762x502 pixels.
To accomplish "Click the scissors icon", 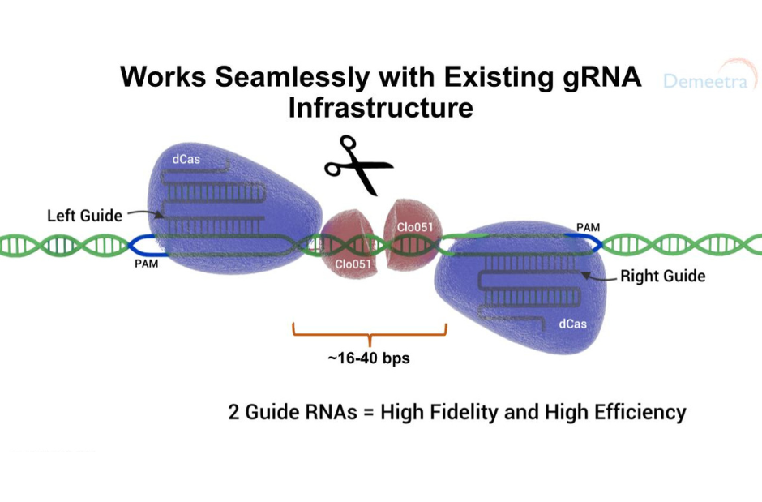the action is [x=358, y=165].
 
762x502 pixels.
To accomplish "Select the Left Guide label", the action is [x=84, y=215].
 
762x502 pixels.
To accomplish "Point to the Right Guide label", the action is [x=663, y=276].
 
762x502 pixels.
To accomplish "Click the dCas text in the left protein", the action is [x=186, y=159].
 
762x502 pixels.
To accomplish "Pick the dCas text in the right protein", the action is [x=572, y=324].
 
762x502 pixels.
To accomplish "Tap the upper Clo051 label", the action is [x=414, y=227].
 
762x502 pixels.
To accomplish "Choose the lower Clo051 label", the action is [x=353, y=264].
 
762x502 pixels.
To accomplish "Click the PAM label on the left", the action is [x=146, y=264].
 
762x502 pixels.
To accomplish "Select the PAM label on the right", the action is [x=588, y=227].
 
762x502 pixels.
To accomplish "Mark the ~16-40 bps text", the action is [x=369, y=358].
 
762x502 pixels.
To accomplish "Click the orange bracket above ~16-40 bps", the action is [x=370, y=335].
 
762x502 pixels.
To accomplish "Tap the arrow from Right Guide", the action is [x=599, y=277].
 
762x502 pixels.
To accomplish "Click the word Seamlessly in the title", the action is [x=292, y=77].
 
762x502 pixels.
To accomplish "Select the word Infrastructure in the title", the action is [x=380, y=107].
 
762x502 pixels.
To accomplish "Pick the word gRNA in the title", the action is [x=602, y=78].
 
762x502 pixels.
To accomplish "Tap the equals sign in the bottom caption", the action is [x=369, y=413].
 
